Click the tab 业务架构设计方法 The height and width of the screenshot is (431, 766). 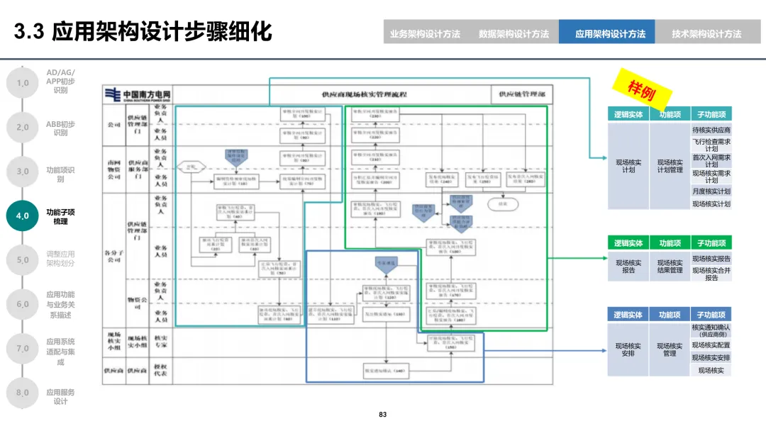[x=425, y=33]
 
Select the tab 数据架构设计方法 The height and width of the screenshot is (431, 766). [x=514, y=33]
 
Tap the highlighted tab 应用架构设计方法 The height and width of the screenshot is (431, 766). [x=610, y=33]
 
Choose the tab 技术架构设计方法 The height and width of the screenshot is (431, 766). [x=706, y=33]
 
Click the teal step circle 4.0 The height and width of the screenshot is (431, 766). [x=23, y=216]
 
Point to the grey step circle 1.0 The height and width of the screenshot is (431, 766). [x=23, y=83]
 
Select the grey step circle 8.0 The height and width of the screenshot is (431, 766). [x=23, y=392]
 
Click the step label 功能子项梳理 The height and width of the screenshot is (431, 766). [x=60, y=216]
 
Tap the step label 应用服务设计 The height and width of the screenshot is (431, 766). [x=60, y=396]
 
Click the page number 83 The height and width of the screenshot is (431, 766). [x=383, y=415]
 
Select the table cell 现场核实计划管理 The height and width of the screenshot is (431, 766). [x=670, y=166]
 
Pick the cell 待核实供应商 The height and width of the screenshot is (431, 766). [x=711, y=130]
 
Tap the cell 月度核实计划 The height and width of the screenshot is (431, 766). [x=711, y=191]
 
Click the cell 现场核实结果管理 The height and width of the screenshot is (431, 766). [x=670, y=266]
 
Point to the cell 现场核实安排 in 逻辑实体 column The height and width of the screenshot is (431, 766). [x=628, y=349]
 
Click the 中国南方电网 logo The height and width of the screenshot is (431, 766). [x=135, y=94]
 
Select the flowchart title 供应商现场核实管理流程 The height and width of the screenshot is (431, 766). [x=364, y=94]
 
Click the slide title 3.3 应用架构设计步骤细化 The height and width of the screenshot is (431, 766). [x=143, y=32]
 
